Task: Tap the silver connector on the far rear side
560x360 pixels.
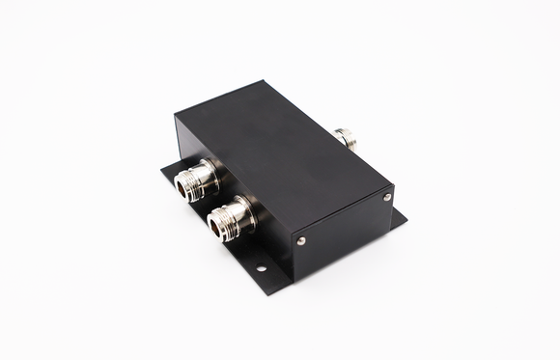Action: (x=344, y=138)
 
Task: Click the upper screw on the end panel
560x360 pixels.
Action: (x=386, y=197)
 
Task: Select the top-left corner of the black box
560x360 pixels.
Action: (x=176, y=118)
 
